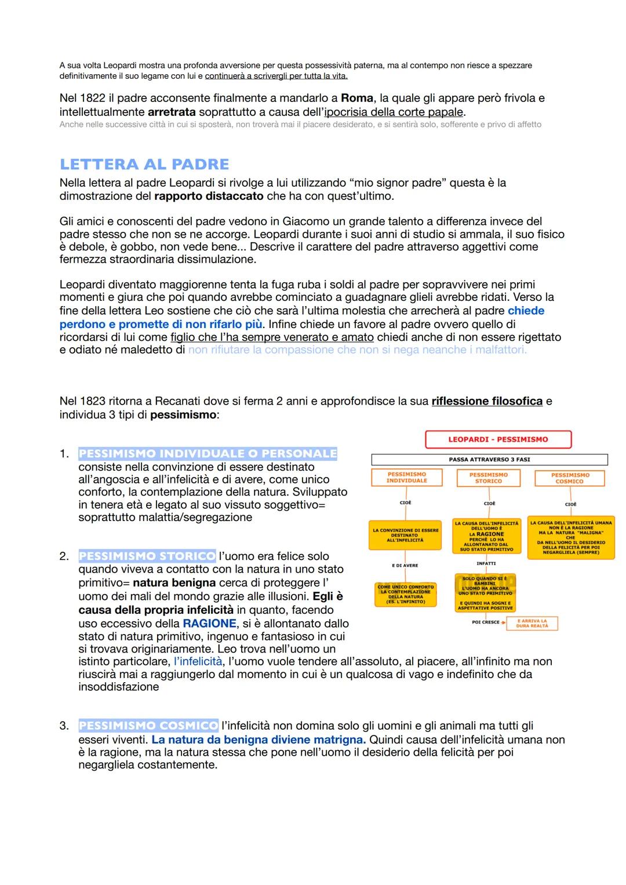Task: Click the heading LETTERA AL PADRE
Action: point(144,165)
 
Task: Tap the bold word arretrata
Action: point(172,112)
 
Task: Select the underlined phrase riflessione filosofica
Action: point(487,402)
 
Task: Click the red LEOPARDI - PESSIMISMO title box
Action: point(498,439)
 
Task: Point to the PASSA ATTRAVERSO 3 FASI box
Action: point(489,460)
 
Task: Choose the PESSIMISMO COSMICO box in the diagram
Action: point(570,478)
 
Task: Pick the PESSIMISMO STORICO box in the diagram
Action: point(488,478)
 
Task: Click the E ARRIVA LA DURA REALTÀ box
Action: point(532,624)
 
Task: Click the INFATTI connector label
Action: point(486,563)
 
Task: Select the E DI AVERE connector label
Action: point(405,566)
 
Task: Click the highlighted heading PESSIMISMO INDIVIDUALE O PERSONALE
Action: point(208,454)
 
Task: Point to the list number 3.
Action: point(64,726)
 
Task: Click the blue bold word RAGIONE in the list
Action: point(209,624)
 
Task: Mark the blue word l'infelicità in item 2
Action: point(198,662)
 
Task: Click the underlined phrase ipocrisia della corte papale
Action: point(394,112)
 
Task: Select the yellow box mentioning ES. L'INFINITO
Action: point(405,595)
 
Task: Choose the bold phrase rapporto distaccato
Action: point(209,196)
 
